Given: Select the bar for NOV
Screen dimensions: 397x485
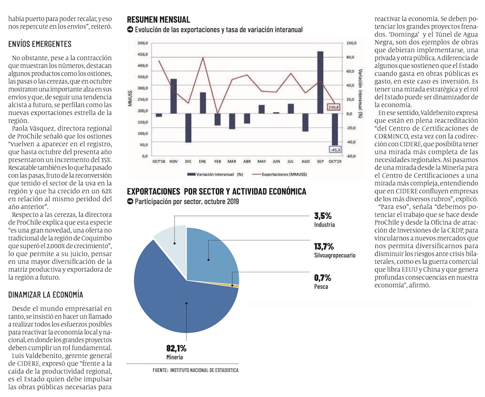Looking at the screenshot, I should (x=173, y=96).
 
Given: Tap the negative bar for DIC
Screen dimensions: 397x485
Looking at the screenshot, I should (x=188, y=128).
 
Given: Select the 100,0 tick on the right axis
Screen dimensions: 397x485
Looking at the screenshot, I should (x=350, y=43).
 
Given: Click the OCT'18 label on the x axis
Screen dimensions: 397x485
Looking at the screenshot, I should (x=159, y=161).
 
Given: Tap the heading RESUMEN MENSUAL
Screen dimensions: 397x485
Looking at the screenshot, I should (x=158, y=19).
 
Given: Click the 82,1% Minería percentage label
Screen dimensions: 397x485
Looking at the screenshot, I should (x=176, y=348).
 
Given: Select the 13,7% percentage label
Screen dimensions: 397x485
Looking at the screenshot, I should (x=323, y=247).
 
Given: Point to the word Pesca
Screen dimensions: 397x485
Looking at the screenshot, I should (x=321, y=287).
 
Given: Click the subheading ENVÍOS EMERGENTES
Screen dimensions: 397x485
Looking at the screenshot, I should (x=40, y=44).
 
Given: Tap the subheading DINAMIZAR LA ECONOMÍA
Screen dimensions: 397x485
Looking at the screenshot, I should (x=46, y=295).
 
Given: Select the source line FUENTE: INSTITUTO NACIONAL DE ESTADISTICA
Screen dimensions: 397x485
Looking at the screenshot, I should (x=195, y=370).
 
